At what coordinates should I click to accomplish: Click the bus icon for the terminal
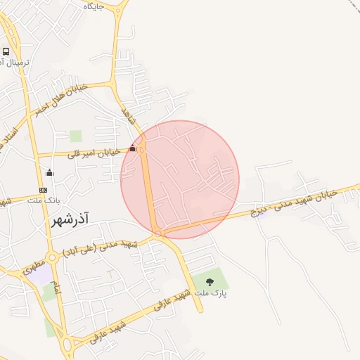pos(6,51)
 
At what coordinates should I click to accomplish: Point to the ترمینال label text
pos(15,63)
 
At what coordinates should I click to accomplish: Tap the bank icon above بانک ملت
pos(44,190)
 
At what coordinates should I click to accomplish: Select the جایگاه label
pos(94,6)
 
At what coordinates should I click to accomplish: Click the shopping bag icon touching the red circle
pos(133,148)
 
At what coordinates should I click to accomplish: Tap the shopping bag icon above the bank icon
pos(49,172)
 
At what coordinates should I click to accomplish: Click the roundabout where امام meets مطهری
pos(52,257)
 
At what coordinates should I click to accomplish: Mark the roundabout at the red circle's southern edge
pos(159,233)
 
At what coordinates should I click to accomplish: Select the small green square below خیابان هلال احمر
pos(76,136)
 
